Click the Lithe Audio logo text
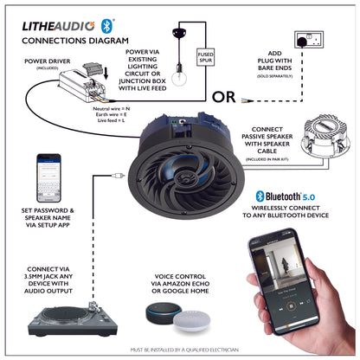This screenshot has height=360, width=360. coord(58,25)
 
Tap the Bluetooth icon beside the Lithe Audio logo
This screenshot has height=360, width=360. coord(106,24)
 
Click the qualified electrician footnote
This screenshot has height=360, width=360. coord(179,349)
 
